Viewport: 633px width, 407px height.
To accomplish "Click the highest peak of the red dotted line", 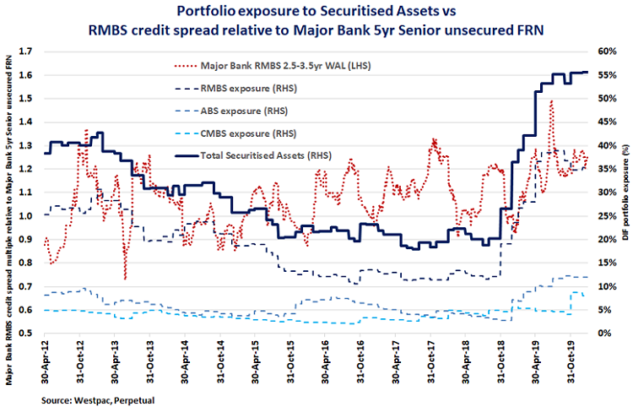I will [551, 100].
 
